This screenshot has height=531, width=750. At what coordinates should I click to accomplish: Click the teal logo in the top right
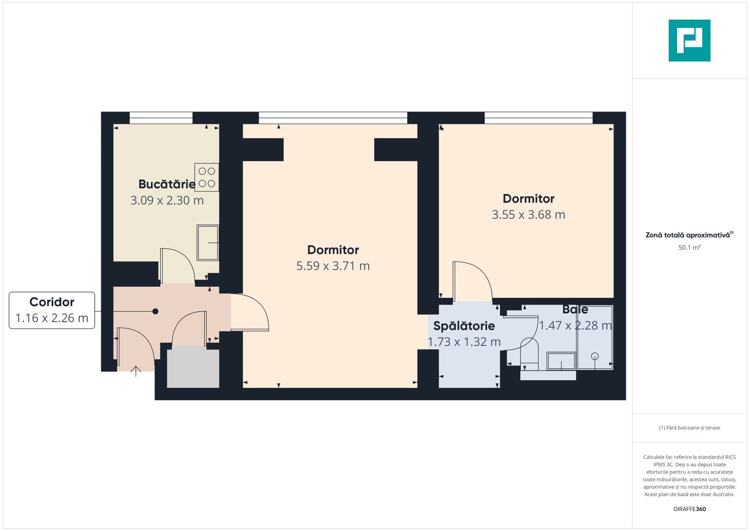pos(689,40)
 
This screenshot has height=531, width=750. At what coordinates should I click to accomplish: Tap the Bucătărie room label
pos(167,184)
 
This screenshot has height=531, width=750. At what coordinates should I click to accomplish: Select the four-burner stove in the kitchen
pos(207,177)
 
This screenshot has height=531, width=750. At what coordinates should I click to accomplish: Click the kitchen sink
pos(208,242)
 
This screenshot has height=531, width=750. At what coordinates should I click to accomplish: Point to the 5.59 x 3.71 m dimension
pos(333,266)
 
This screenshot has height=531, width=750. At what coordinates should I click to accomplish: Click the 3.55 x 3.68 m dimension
pos(528,215)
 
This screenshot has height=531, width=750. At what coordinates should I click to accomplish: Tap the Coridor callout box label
pos(52,302)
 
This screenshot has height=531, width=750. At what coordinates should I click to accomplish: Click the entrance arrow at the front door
pos(136,371)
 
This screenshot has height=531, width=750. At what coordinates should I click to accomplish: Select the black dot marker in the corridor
pos(155,311)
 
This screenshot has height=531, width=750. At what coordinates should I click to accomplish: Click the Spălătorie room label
pos(464,326)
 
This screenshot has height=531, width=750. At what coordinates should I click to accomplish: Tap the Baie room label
pos(575,310)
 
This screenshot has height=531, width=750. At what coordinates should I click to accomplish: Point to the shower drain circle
pos(595,356)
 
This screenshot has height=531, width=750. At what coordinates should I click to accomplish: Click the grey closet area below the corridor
pos(193,367)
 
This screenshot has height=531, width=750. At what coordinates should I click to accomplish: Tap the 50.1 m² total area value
pos(689,248)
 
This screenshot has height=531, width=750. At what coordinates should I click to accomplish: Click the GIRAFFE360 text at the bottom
pos(689,509)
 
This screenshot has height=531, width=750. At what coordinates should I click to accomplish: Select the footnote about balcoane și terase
pos(689,428)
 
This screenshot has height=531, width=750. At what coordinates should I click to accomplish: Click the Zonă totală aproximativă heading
pos(688,235)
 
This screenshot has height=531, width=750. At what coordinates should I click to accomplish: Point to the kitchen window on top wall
pos(161,118)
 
